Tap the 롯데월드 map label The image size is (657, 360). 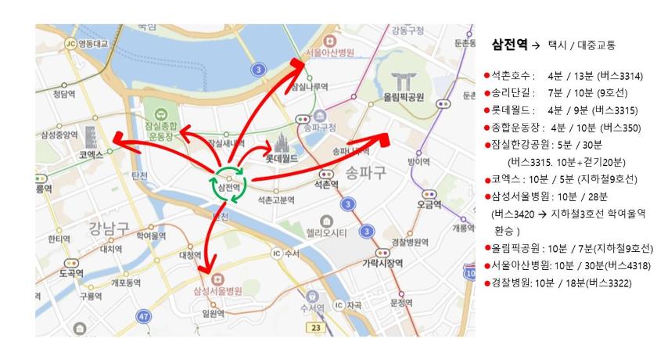[283, 157]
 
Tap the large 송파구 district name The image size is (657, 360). [366, 171]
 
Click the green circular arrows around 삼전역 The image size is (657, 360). [228, 184]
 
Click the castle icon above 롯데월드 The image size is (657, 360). [282, 143]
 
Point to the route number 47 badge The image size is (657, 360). [142, 316]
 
